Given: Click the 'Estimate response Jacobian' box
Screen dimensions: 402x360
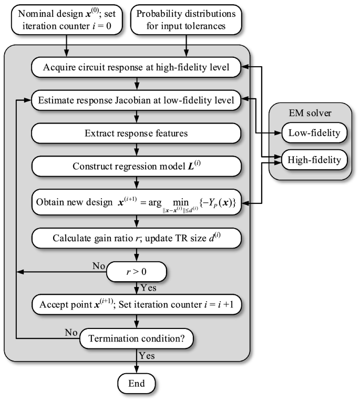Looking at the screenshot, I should (x=137, y=99).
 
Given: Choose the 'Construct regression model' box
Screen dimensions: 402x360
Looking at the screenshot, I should (x=137, y=167).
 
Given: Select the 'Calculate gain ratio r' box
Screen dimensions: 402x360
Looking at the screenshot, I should (x=137, y=238).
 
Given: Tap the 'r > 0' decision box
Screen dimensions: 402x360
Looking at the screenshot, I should (x=137, y=272).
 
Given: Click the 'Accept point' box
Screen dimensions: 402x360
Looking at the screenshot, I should (x=137, y=304).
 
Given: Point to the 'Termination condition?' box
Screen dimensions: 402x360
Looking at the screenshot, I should (x=137, y=338).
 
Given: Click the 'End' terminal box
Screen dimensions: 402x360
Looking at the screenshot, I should (x=137, y=383).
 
